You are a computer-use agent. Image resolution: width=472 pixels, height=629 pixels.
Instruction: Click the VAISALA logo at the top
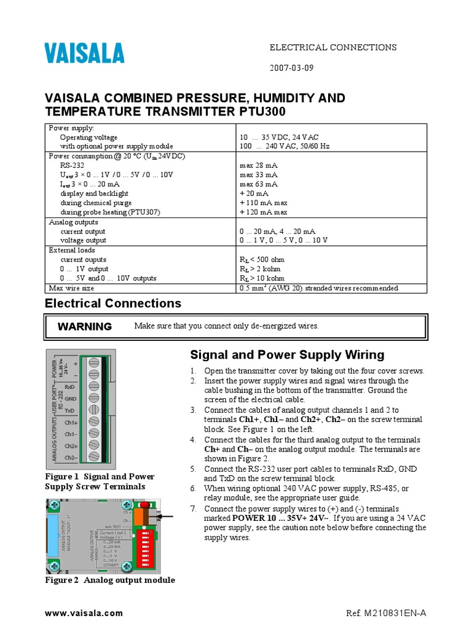[84, 53]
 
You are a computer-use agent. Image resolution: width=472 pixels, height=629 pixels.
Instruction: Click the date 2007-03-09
[293, 68]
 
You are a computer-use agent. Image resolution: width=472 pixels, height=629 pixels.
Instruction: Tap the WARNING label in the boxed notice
[85, 327]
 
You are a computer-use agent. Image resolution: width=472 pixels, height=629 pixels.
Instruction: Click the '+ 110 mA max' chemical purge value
[264, 203]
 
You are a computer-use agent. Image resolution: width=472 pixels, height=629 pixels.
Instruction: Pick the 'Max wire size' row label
[71, 288]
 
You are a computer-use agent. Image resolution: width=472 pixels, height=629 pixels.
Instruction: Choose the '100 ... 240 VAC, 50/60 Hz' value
[285, 147]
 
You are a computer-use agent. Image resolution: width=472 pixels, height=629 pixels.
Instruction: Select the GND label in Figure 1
[70, 398]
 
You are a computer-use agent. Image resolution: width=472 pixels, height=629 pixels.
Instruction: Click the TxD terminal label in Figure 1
[70, 410]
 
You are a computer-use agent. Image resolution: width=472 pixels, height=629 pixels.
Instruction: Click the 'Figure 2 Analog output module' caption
[110, 580]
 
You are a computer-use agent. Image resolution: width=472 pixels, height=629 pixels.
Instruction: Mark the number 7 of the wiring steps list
[192, 509]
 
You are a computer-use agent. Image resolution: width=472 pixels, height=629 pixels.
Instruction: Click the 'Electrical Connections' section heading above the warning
[114, 303]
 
